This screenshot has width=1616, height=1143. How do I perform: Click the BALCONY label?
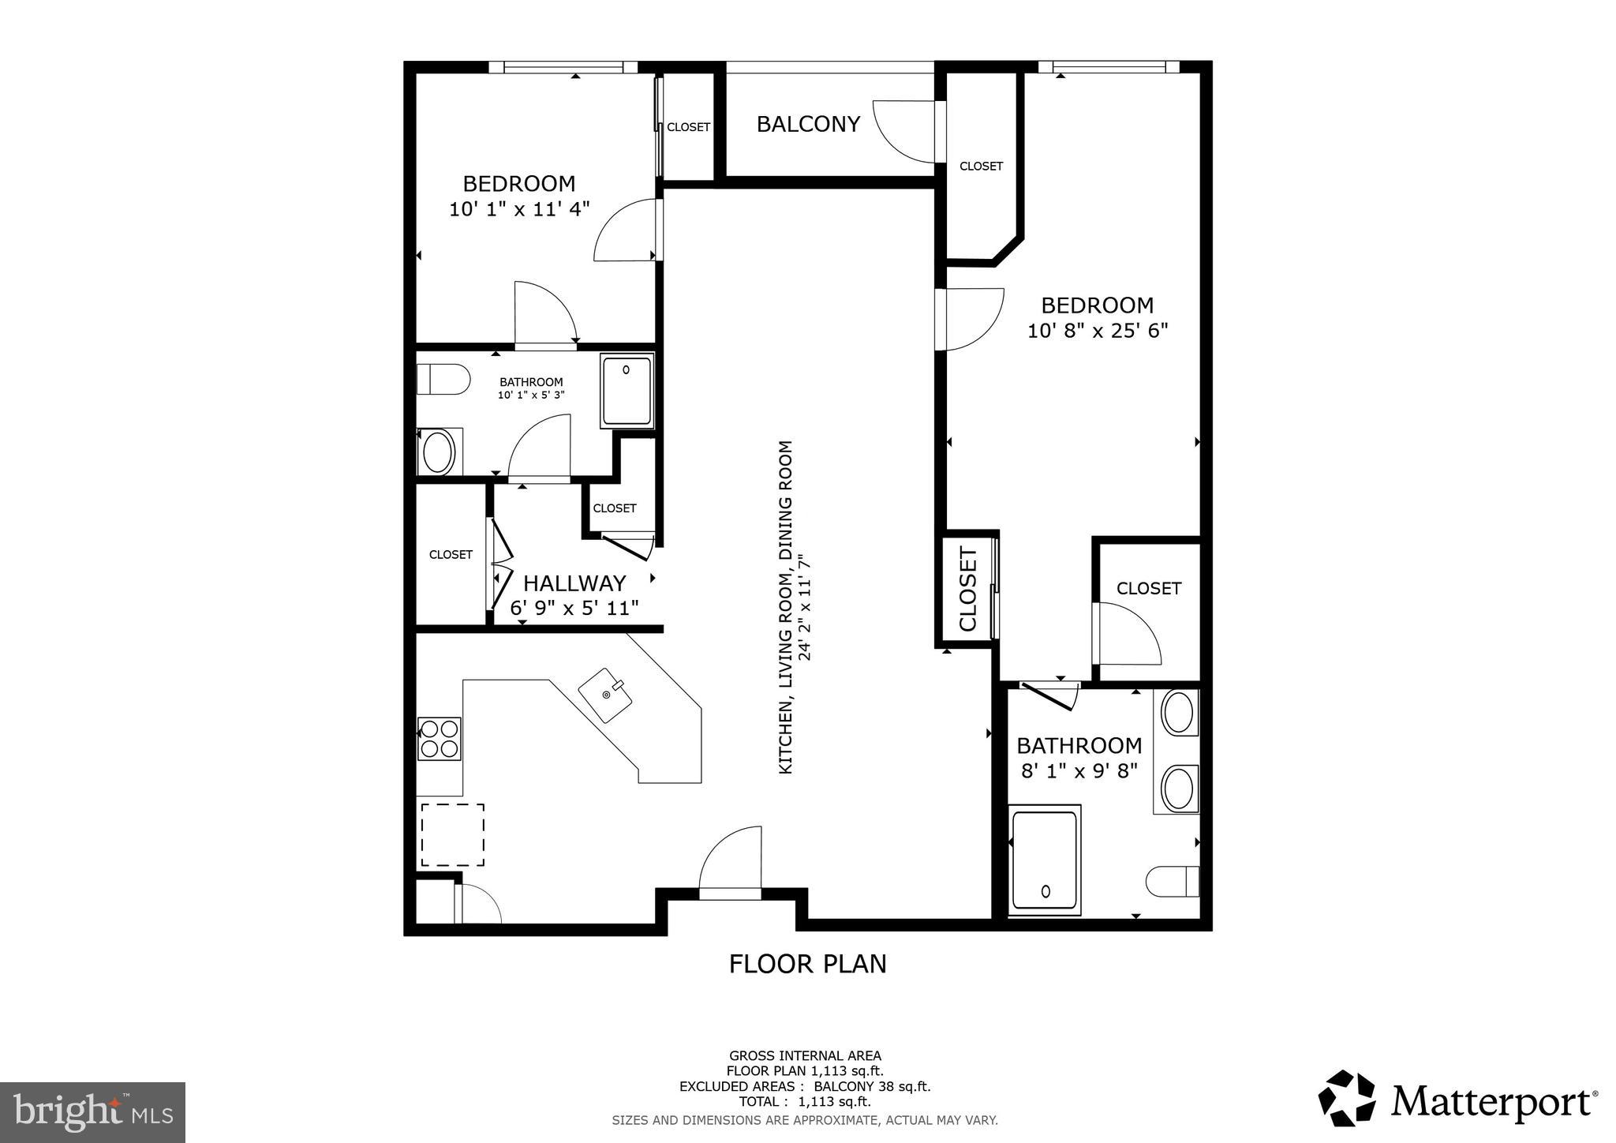(x=807, y=125)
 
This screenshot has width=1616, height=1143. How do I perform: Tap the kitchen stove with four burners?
(x=439, y=739)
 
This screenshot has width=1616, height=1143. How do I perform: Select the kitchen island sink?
(x=606, y=695)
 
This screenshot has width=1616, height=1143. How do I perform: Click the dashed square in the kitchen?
(x=452, y=835)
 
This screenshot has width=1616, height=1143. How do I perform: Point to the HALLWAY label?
(x=574, y=583)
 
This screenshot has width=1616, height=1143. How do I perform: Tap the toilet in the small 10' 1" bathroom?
(x=442, y=379)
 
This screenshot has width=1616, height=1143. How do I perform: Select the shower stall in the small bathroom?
(x=627, y=391)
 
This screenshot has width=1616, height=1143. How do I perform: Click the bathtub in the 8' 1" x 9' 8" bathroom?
(x=1044, y=860)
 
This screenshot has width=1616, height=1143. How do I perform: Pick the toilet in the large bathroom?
(x=1173, y=881)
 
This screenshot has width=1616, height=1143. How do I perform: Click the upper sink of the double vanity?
(x=1179, y=713)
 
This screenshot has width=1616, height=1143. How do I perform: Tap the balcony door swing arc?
(x=903, y=130)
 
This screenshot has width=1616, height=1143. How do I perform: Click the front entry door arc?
(x=730, y=860)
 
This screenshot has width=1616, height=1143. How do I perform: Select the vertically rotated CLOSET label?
(x=968, y=589)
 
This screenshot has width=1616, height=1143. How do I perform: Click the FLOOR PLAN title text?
(x=807, y=964)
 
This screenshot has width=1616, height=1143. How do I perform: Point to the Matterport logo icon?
(x=1346, y=1098)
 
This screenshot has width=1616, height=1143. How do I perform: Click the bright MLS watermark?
(x=92, y=1112)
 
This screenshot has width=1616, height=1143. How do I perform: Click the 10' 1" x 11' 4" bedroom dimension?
(x=519, y=210)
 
